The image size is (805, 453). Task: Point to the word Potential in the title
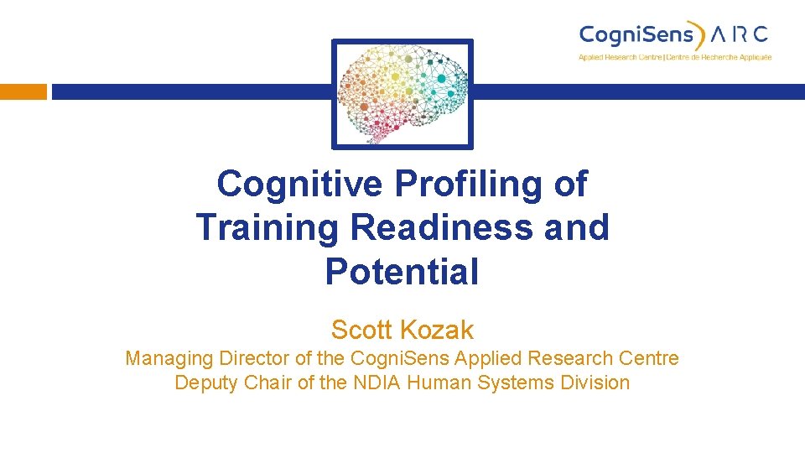tap(402, 272)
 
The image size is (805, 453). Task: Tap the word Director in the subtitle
tap(246, 359)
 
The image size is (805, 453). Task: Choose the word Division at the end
tap(596, 383)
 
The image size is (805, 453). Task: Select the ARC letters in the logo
tap(739, 35)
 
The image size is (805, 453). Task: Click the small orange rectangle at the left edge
tap(23, 91)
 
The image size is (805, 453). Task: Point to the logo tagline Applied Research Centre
tap(620, 57)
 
